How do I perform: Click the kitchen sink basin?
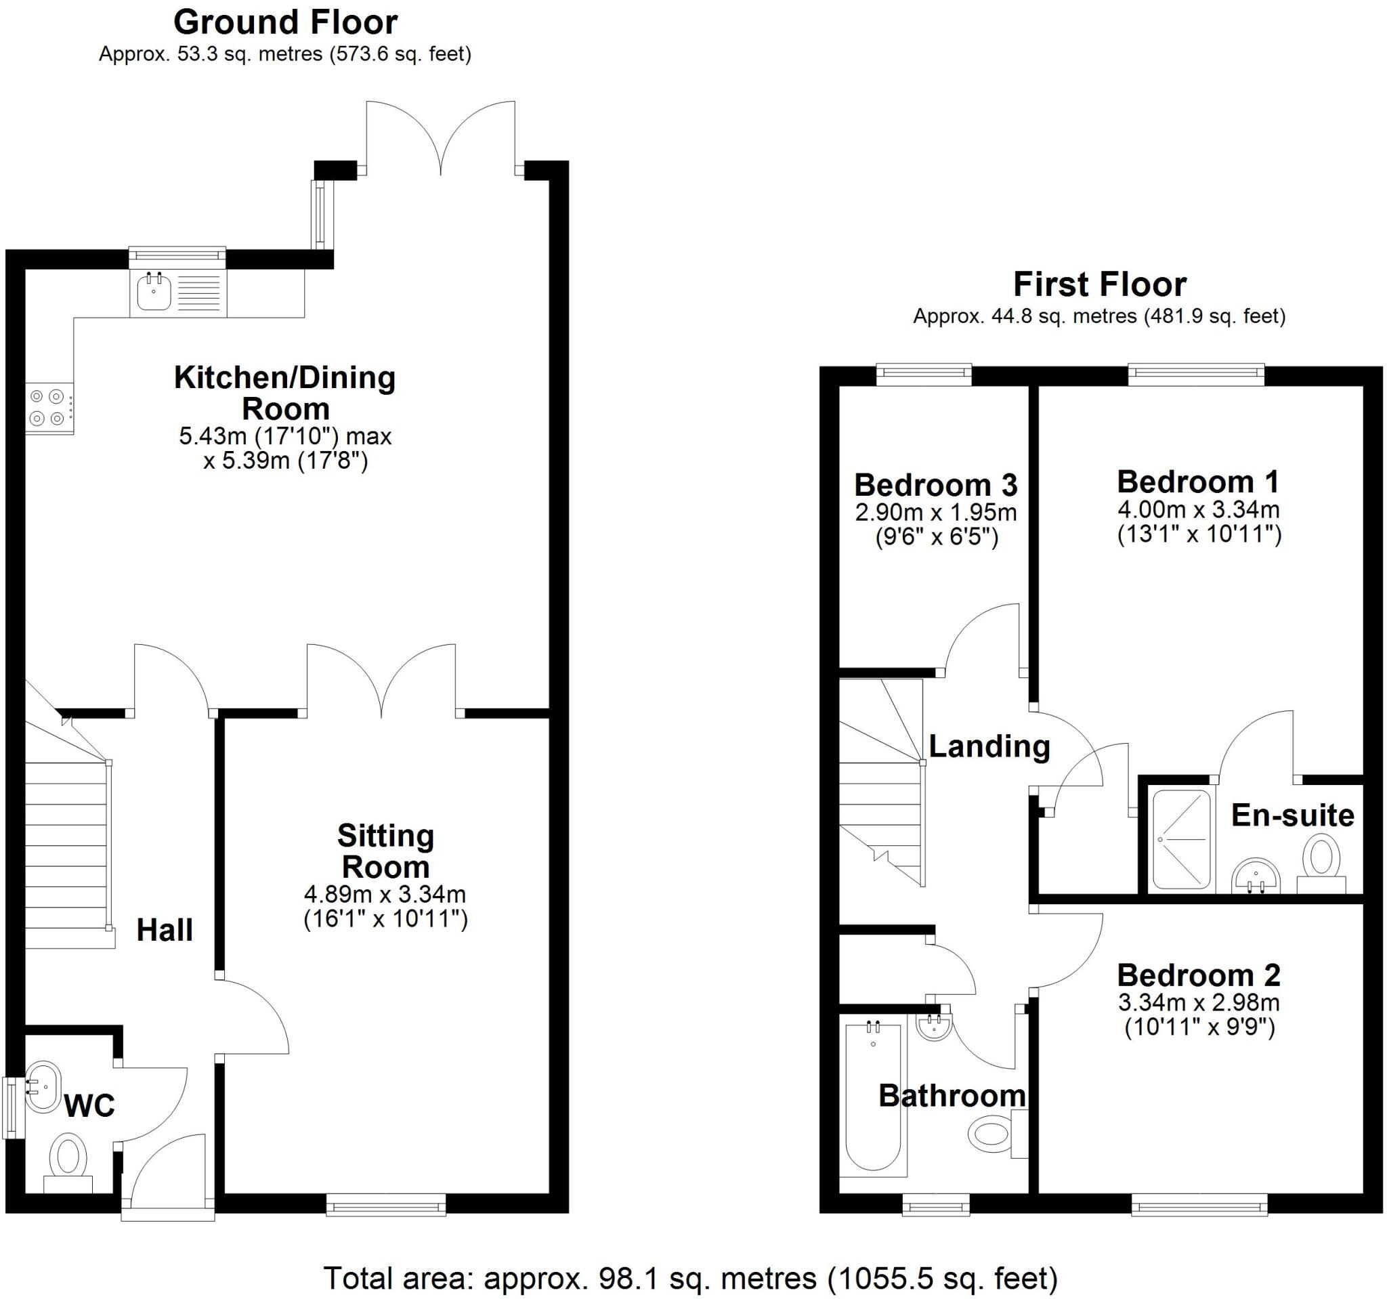154,292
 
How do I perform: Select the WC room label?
89,1106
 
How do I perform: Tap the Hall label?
164,930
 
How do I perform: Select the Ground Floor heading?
285,22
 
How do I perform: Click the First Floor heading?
1100,284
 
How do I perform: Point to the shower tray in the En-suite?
1181,838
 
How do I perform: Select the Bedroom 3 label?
935,484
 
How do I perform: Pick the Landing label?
989,746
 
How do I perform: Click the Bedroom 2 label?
1199,975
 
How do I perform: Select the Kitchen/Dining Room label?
284,393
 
